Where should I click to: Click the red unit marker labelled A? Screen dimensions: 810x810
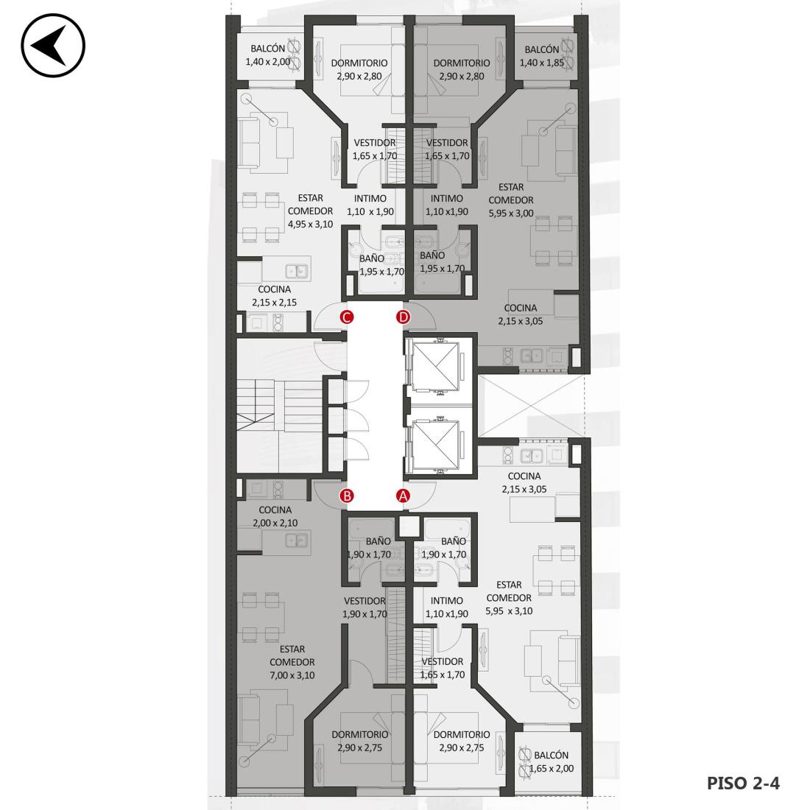[403, 496]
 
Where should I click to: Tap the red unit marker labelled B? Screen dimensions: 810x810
[347, 496]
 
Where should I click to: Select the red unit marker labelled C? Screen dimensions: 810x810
[347, 317]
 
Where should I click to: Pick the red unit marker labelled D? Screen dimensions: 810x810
[403, 317]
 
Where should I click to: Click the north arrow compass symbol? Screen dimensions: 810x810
[53, 46]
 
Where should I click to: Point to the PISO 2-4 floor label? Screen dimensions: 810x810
[743, 783]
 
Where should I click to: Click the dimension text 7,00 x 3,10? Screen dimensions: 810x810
[292, 675]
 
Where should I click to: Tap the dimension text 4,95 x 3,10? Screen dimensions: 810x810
[310, 224]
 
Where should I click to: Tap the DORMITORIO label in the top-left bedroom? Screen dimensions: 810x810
[359, 63]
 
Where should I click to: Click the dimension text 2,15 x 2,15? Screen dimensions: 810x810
[275, 303]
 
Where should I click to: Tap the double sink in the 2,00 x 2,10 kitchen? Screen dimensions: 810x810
[296, 541]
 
